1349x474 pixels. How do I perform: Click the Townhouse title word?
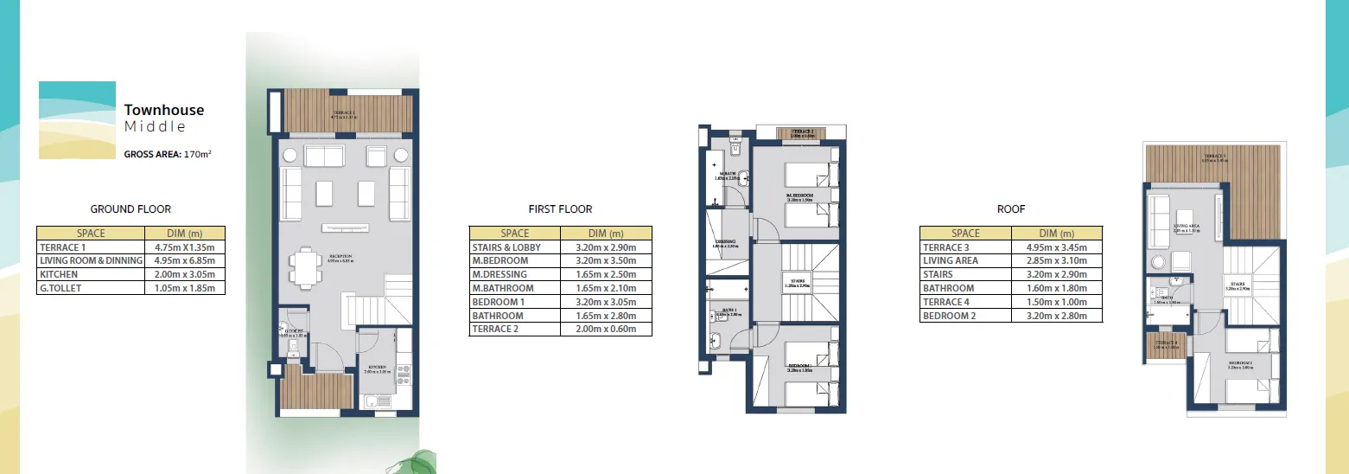(x=164, y=110)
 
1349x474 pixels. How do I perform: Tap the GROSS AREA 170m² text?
(x=169, y=156)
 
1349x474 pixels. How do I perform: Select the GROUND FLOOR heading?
(x=130, y=209)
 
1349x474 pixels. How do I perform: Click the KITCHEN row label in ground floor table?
(x=59, y=274)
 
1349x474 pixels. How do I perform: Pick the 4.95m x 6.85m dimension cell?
(x=185, y=260)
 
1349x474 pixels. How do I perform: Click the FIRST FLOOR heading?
(x=560, y=209)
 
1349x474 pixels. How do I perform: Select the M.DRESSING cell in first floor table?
(x=500, y=274)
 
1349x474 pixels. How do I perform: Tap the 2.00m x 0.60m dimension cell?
(x=606, y=330)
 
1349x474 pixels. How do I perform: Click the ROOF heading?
(x=1011, y=209)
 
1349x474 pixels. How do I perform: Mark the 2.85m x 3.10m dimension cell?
(x=1057, y=260)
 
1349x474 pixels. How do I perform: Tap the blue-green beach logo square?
(x=77, y=120)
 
